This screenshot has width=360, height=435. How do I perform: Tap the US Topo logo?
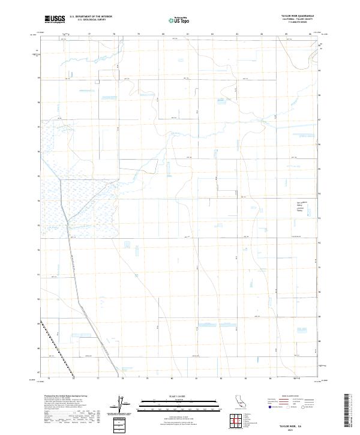(x=181, y=19)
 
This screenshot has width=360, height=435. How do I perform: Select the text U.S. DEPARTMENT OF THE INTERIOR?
(x=91, y=16)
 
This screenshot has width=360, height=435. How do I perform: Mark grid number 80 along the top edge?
(x=163, y=34)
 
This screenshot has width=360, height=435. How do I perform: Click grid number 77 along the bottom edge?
(x=98, y=379)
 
